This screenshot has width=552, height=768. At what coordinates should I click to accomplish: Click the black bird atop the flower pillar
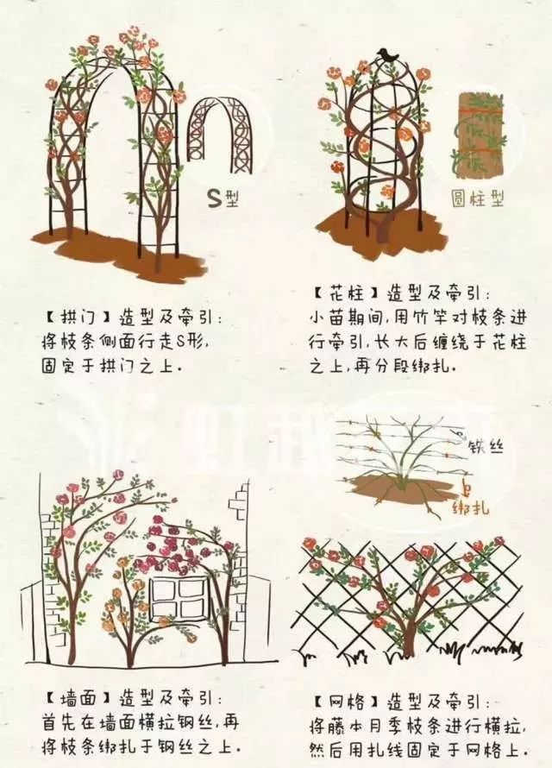tap(387, 54)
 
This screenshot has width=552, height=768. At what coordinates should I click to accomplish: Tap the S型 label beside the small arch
tap(225, 197)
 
